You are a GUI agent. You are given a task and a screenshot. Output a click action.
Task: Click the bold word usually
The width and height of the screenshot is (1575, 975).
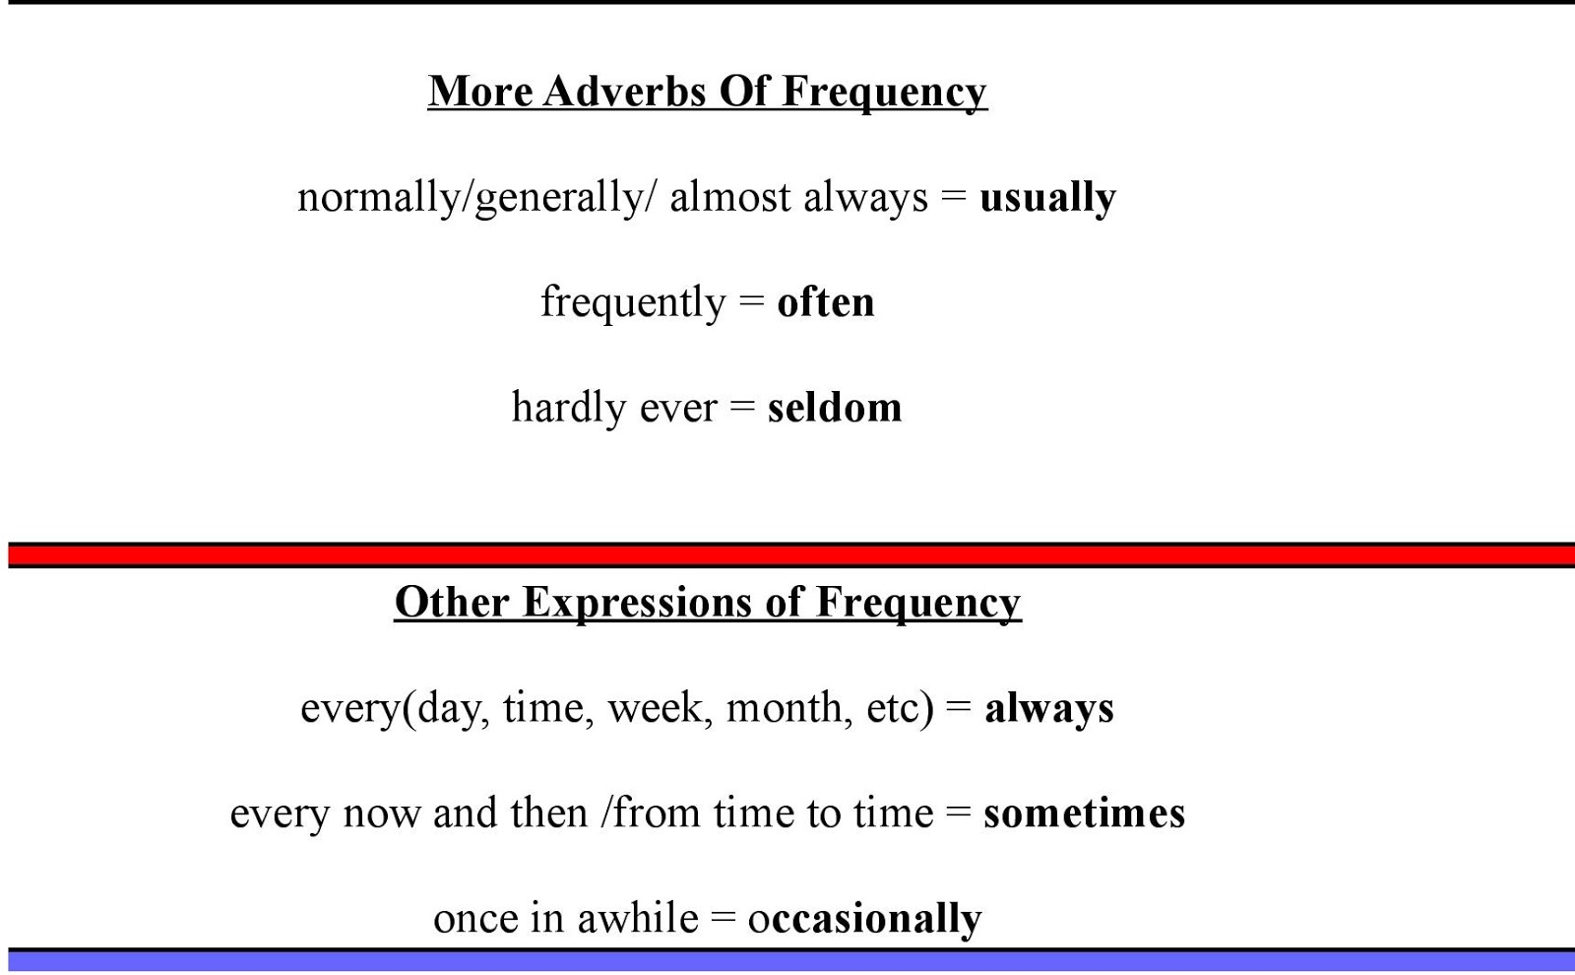pyautogui.click(x=1047, y=198)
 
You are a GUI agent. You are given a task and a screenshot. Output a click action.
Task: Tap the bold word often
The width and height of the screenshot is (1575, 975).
pyautogui.click(x=826, y=301)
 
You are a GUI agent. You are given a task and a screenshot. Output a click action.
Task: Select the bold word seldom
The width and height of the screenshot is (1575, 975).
pyautogui.click(x=835, y=407)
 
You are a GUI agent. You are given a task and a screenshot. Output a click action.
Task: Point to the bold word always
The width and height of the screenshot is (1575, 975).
pyautogui.click(x=1049, y=708)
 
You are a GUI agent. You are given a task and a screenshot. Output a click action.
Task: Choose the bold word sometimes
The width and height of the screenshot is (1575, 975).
pyautogui.click(x=1084, y=812)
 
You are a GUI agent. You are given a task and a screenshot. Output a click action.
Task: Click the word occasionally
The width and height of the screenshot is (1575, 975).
pyautogui.click(x=865, y=920)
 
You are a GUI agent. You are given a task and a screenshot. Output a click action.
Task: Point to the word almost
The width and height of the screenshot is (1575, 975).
pyautogui.click(x=729, y=197)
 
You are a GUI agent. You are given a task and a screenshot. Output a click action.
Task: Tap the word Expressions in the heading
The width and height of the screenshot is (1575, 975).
pyautogui.click(x=637, y=604)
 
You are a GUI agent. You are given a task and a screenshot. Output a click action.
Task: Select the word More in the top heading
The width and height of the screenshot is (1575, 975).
pyautogui.click(x=480, y=92)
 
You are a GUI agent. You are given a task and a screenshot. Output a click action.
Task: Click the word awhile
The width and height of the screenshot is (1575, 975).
pyautogui.click(x=638, y=918)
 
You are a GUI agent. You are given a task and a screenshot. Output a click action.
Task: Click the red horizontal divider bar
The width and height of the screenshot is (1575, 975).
pyautogui.click(x=791, y=555)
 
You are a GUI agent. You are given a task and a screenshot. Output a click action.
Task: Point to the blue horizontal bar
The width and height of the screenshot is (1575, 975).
pyautogui.click(x=791, y=960)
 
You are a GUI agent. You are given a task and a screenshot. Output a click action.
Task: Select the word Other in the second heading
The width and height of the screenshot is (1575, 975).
pyautogui.click(x=452, y=603)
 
